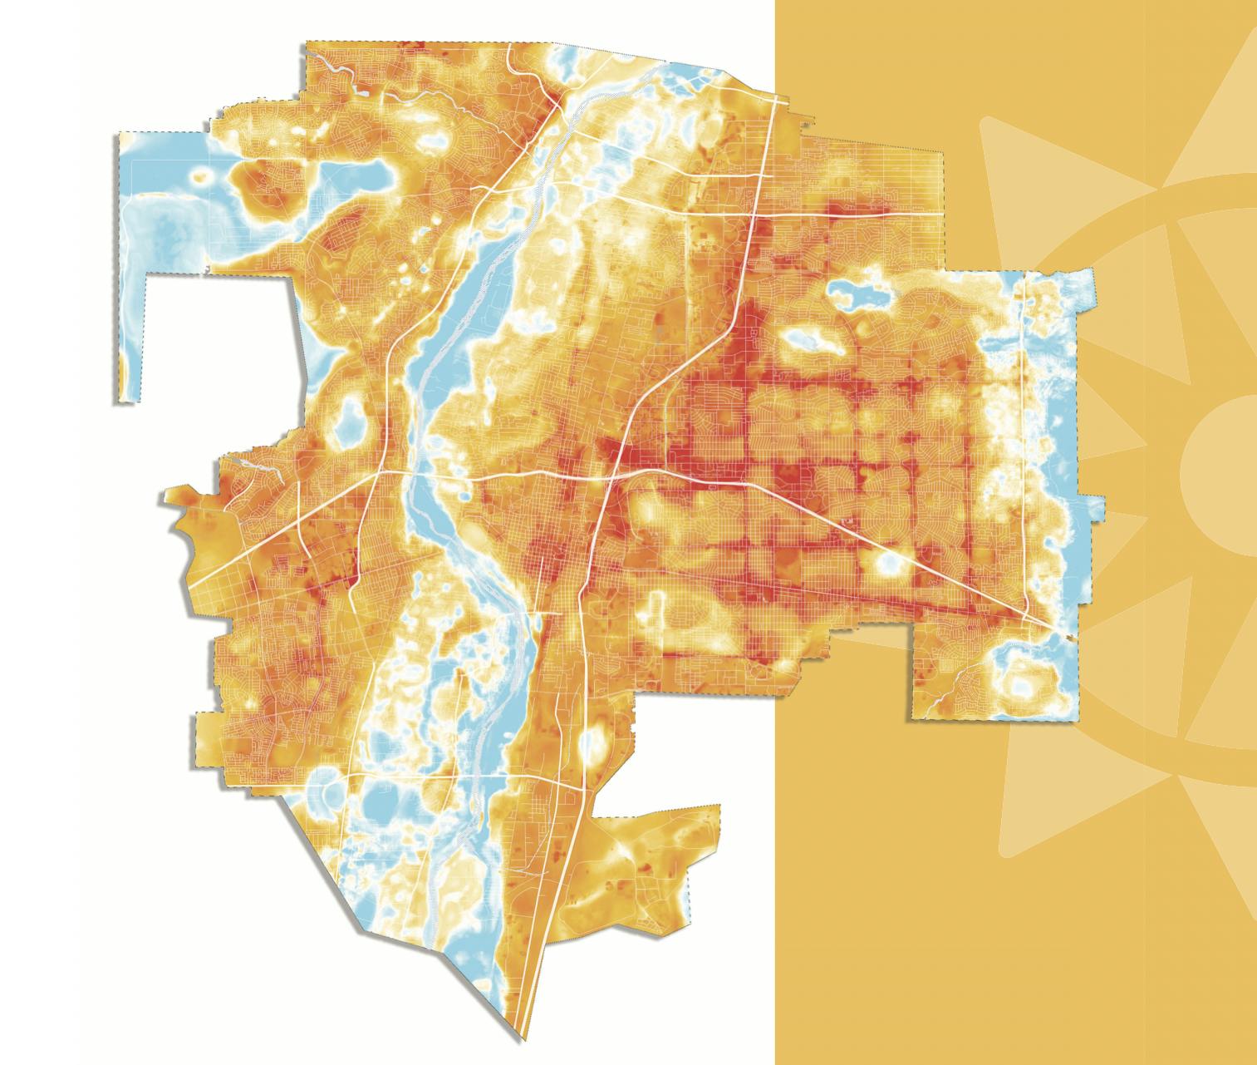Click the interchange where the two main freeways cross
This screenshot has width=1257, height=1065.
[612, 475]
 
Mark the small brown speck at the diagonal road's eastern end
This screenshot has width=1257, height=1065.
[1069, 637]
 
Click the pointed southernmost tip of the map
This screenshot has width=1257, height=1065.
[524, 1040]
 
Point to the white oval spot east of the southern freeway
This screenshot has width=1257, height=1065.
[593, 740]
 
